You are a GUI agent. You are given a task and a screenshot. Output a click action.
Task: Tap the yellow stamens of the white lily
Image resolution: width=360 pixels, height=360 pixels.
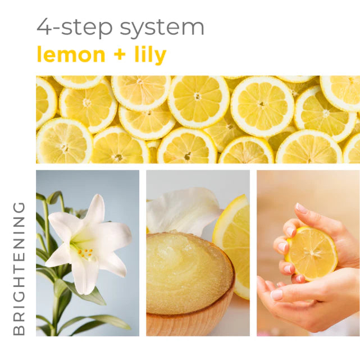(85, 253)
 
